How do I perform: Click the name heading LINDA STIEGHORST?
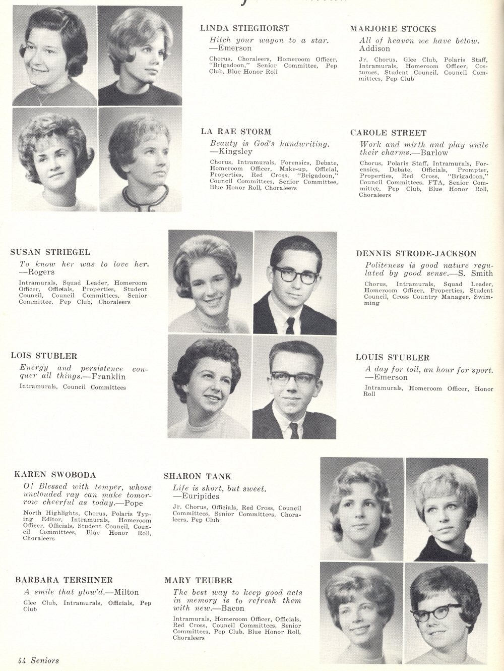[244, 28]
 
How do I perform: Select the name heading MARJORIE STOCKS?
[393, 29]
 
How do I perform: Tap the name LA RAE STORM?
[236, 132]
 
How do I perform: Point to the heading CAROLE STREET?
[388, 133]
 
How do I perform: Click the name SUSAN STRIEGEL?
[50, 252]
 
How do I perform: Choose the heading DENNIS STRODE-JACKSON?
[416, 254]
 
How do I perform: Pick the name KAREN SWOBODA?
[55, 475]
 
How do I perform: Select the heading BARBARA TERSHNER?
[64, 580]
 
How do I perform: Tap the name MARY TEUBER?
[198, 581]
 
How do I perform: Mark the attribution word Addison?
[374, 49]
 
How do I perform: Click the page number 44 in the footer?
[22, 660]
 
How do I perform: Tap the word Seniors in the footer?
[45, 660]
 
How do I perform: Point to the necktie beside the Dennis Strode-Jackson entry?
[290, 325]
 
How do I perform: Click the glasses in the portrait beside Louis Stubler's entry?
[295, 378]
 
